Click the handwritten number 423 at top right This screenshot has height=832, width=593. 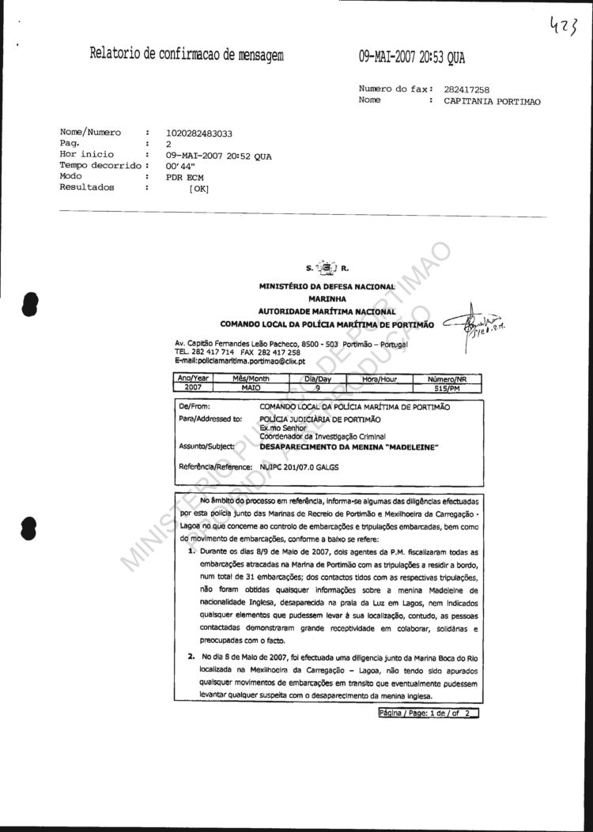coord(564,30)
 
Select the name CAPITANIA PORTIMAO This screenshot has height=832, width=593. coord(492,101)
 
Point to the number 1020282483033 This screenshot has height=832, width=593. coord(199,134)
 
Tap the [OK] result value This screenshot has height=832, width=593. coord(198,189)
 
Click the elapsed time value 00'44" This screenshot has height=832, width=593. coord(181,167)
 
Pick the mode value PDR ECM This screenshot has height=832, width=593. coord(184,178)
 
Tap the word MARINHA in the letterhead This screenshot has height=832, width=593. coord(327,299)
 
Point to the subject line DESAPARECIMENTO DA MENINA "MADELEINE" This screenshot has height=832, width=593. coord(349,446)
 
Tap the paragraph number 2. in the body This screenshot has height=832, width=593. coord(191,657)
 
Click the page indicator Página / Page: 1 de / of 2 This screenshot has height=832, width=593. coord(429,713)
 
